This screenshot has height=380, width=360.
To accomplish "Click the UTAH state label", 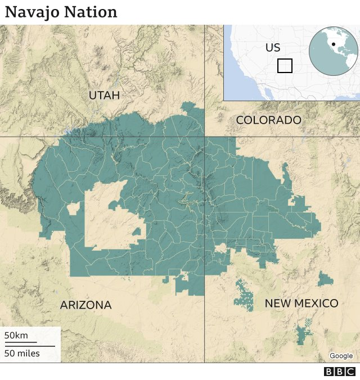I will (104, 96).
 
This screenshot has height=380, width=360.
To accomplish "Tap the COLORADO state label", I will (268, 120).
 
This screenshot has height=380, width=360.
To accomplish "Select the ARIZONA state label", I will (85, 305).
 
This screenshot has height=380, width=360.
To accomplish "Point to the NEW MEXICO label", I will (301, 304).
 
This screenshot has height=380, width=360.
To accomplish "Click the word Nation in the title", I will (92, 12).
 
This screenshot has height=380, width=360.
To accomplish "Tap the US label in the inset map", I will (273, 48).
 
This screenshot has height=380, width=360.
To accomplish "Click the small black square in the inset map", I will (285, 66).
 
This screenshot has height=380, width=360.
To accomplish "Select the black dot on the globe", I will (334, 44).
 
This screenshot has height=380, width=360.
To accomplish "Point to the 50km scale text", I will (16, 336).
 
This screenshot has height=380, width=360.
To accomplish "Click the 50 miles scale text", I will (22, 353).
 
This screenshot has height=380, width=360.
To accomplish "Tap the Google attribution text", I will (341, 356).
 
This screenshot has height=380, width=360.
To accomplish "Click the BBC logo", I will (340, 372).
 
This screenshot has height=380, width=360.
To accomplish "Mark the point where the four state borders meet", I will (204, 137).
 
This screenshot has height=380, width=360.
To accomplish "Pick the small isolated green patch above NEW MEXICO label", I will (325, 279).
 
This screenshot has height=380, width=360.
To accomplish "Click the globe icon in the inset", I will (333, 51).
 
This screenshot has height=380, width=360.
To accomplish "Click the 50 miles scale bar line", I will (30, 346).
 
